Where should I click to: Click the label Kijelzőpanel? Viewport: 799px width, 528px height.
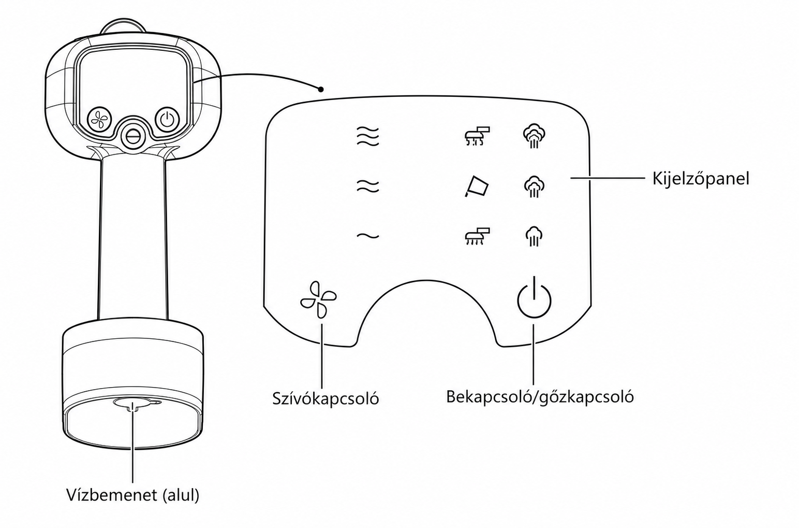click(x=701, y=178)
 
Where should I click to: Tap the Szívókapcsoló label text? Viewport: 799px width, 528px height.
click(x=325, y=398)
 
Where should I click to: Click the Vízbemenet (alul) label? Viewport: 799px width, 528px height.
click(x=132, y=495)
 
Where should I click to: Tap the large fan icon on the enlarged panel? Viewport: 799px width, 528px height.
click(x=318, y=299)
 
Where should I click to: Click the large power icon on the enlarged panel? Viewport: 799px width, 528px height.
click(x=534, y=297)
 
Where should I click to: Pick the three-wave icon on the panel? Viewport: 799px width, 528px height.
click(x=368, y=136)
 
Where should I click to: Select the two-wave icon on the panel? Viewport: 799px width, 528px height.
click(x=368, y=186)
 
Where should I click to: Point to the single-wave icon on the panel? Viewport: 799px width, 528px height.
click(x=368, y=236)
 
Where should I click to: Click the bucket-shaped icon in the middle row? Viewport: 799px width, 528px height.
click(x=476, y=186)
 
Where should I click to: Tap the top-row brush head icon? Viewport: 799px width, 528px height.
click(x=477, y=136)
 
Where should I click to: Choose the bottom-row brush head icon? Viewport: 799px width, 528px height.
click(x=477, y=236)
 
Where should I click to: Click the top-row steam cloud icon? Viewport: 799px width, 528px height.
click(x=534, y=136)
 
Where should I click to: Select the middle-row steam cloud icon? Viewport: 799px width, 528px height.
click(x=534, y=186)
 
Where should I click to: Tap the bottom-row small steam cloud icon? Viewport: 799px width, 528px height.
click(x=534, y=236)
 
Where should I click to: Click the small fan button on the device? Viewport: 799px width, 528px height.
click(x=100, y=120)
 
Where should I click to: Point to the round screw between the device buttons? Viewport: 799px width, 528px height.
click(x=132, y=136)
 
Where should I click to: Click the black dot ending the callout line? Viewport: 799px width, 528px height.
click(x=321, y=89)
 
